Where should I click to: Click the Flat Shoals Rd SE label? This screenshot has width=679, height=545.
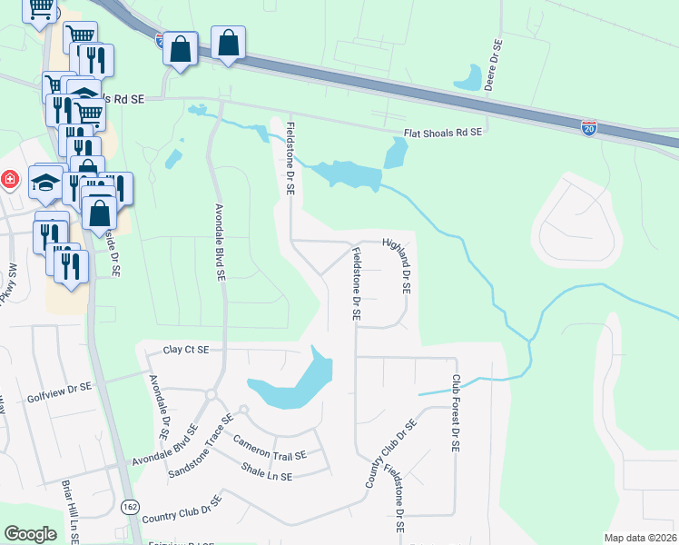click(x=442, y=134)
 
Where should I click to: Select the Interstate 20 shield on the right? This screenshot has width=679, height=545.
click(x=589, y=128)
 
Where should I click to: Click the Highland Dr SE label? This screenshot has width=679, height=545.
click(x=399, y=265)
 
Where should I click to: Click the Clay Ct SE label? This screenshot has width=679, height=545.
click(x=186, y=350)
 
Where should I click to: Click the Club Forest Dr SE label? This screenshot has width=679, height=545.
click(x=457, y=414)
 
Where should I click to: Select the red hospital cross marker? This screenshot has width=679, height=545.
click(x=9, y=179)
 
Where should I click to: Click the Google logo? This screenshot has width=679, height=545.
click(x=30, y=534)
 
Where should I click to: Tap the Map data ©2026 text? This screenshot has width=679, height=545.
click(x=641, y=538)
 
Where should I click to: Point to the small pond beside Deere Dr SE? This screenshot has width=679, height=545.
click(x=470, y=78)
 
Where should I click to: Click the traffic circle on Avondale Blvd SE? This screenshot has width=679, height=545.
click(x=210, y=394)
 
